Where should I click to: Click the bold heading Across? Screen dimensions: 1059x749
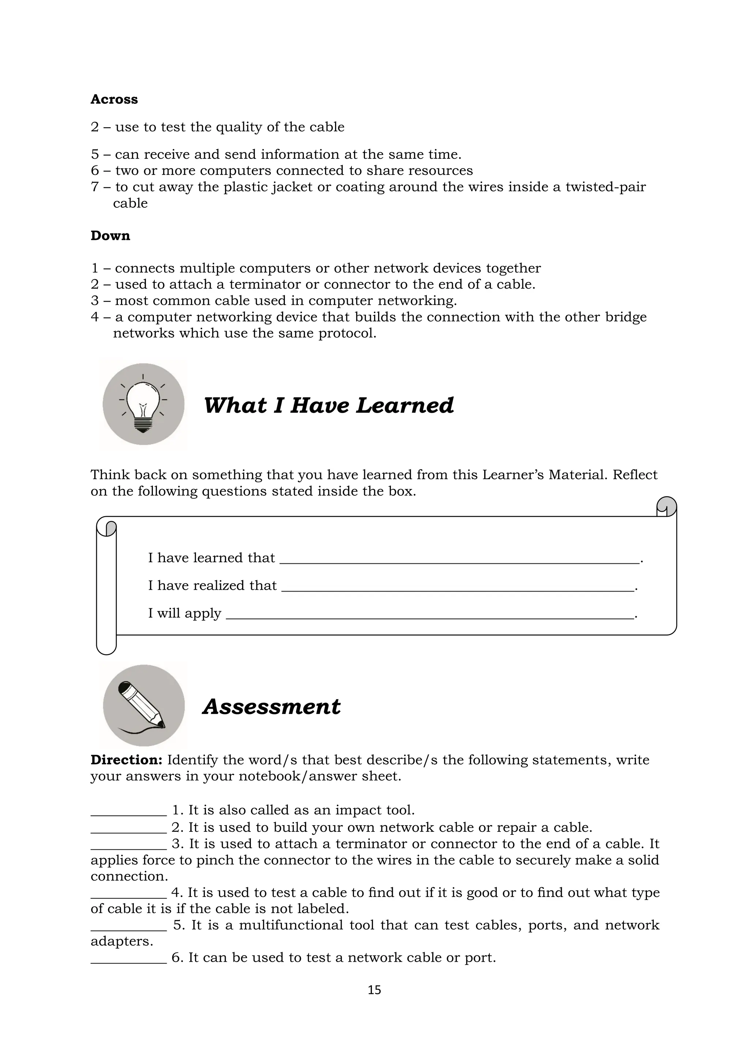point(114,99)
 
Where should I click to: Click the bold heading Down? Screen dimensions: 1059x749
point(110,236)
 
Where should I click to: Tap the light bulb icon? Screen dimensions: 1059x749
point(143,404)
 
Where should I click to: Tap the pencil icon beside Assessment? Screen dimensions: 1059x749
point(143,706)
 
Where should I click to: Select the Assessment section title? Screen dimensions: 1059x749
point(271,707)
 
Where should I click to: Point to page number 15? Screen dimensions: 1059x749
point(374,990)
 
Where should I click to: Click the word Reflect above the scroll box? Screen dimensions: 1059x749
point(635,474)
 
